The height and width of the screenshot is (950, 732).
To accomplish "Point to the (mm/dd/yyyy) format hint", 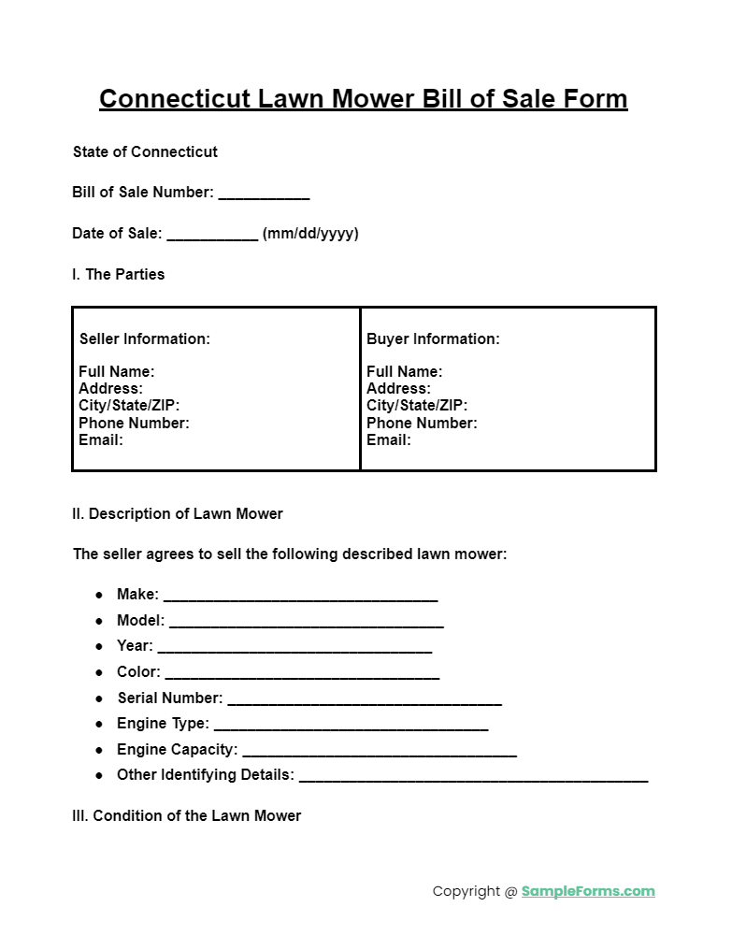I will click(310, 234).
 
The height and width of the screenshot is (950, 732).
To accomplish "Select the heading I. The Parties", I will click(118, 275).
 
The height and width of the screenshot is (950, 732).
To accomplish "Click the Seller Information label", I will click(145, 339).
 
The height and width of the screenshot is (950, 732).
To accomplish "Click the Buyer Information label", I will click(433, 339).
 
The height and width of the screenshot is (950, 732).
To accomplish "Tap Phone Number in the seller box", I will click(134, 424).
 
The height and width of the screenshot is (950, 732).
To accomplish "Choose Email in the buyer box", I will click(388, 439).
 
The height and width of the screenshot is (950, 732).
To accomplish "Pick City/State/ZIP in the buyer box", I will click(417, 406).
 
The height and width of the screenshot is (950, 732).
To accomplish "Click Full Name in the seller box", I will click(117, 372).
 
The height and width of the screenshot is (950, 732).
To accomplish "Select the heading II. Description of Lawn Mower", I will click(178, 514).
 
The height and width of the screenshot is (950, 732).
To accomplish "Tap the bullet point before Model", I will click(99, 621).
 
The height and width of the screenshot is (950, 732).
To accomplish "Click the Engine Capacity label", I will click(177, 750).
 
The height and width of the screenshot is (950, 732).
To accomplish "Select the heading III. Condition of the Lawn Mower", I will click(187, 816).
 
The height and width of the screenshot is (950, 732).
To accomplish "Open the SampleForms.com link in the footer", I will click(588, 892).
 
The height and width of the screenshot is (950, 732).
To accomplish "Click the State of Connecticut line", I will click(145, 152).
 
